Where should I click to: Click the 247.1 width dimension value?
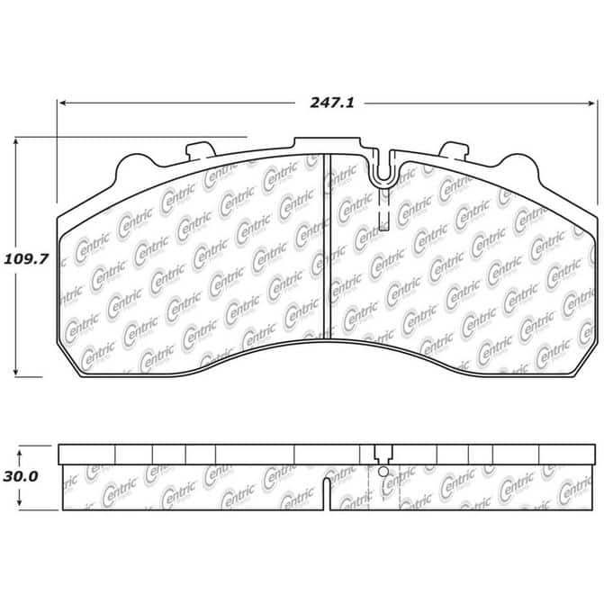coord(331,103)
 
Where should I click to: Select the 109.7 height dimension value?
coord(26,259)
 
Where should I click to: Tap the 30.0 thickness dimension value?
coord(21,477)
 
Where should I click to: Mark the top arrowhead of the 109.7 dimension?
coord(16,143)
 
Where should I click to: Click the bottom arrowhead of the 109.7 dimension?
coord(16,372)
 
